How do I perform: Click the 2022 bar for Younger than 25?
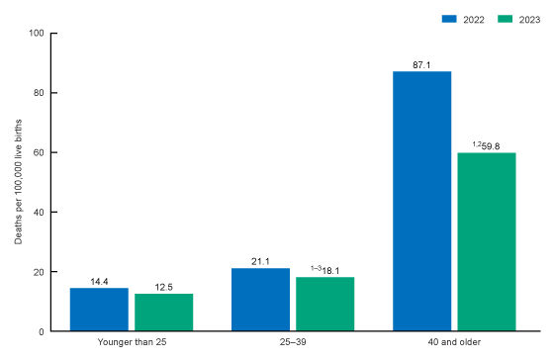click(99, 310)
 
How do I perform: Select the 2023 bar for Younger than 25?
click(164, 313)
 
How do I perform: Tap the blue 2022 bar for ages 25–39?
click(261, 300)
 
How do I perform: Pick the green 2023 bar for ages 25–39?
click(325, 304)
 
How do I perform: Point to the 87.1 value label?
click(422, 64)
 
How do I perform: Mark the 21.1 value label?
click(261, 261)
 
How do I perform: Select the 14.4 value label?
click(99, 281)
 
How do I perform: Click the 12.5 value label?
click(164, 287)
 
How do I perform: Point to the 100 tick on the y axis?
click(36, 33)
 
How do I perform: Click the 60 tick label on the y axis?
click(39, 152)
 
